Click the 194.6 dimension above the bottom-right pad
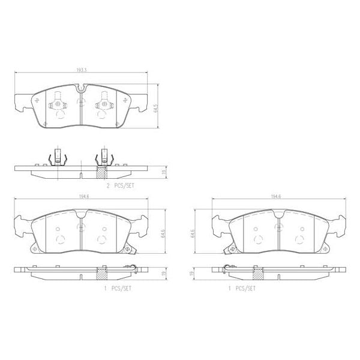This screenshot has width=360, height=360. pyautogui.click(x=275, y=196)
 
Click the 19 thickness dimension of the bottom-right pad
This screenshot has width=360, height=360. pyautogui.click(x=192, y=273)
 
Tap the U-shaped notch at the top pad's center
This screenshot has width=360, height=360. pyautogui.click(x=80, y=90)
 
